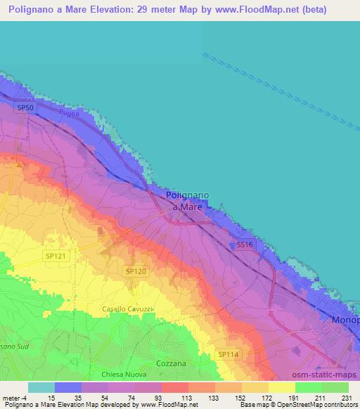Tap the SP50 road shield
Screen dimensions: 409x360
(25, 108)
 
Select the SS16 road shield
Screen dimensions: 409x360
(244, 244)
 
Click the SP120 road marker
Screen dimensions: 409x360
(136, 271)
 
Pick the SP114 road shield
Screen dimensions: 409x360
(228, 354)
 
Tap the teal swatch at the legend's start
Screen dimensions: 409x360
(41, 387)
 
